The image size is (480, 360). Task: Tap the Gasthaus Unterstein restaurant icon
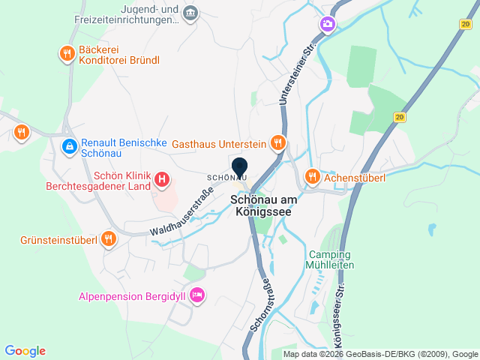coord(278,142)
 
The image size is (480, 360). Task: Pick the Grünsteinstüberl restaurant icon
coord(109,239)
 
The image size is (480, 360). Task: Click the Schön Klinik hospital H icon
coord(162,180)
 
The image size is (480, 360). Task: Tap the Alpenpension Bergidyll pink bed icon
coord(197,296)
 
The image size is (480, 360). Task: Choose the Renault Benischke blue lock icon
coord(69,146)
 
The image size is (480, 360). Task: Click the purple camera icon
coord(327,25)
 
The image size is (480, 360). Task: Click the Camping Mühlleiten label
coord(330,259)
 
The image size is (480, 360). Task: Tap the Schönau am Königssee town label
coord(264,206)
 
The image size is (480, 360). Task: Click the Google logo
coord(25,351)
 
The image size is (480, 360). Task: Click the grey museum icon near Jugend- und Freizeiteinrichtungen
coord(190,13)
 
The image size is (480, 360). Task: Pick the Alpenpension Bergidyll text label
coord(132,296)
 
